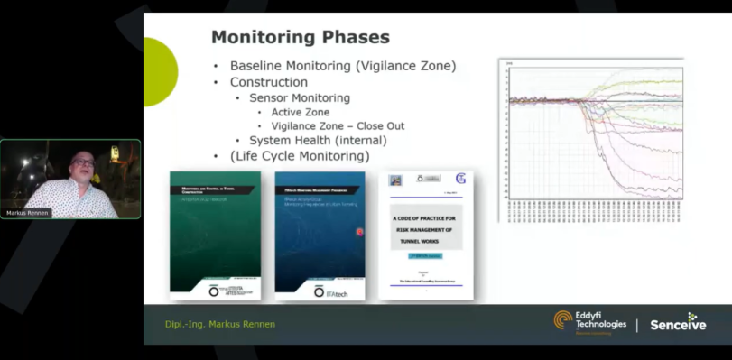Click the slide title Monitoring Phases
pyautogui.click(x=300, y=38)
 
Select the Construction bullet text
pyautogui.click(x=268, y=82)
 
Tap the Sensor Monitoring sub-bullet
pyautogui.click(x=300, y=97)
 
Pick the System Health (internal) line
pyautogui.click(x=318, y=141)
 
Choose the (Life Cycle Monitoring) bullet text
pyautogui.click(x=299, y=156)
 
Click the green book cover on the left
pyautogui.click(x=215, y=235)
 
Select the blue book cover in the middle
pyautogui.click(x=320, y=235)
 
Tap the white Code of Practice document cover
pyautogui.click(x=426, y=235)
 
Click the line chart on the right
pyautogui.click(x=591, y=140)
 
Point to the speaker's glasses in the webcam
pyautogui.click(x=84, y=162)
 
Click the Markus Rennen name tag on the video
pyautogui.click(x=25, y=213)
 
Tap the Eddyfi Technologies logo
pyautogui.click(x=590, y=322)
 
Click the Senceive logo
pyautogui.click(x=679, y=323)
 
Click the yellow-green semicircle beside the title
pyautogui.click(x=158, y=59)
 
